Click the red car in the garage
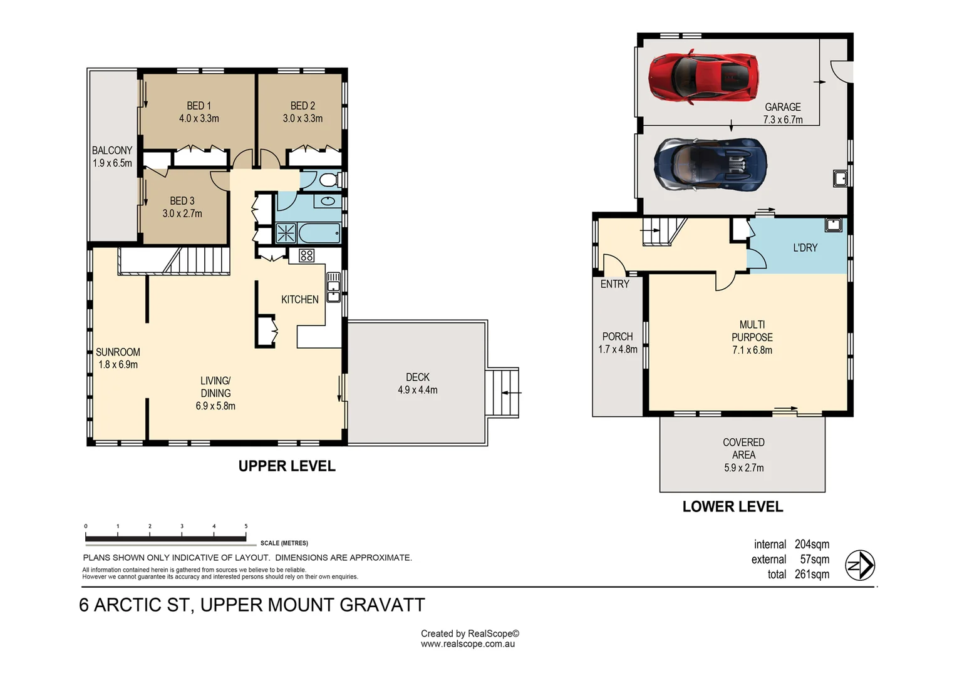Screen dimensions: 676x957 coord(703,77)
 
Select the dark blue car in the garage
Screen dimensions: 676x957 coord(710,164)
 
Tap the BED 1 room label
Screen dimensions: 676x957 coord(199,106)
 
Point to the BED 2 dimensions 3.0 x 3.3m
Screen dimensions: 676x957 coord(303,118)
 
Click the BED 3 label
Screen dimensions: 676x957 coord(182,201)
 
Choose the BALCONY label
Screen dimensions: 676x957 coord(112,150)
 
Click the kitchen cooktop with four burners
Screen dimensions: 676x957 coord(306,255)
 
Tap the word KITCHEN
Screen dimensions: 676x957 coord(299,300)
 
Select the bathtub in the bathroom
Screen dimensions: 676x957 coord(319,233)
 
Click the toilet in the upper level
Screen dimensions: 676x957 coord(328,181)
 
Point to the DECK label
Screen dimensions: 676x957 coord(418,377)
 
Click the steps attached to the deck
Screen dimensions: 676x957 coord(502,392)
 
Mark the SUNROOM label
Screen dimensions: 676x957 coord(118,352)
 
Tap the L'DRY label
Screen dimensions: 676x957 coord(805,248)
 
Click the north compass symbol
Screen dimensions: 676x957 coord(860,566)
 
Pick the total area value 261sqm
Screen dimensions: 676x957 coord(812,575)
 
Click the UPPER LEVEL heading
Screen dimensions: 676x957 coord(287,466)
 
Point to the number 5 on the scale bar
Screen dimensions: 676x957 coord(246,526)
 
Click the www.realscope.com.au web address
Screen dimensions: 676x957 coord(468,644)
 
